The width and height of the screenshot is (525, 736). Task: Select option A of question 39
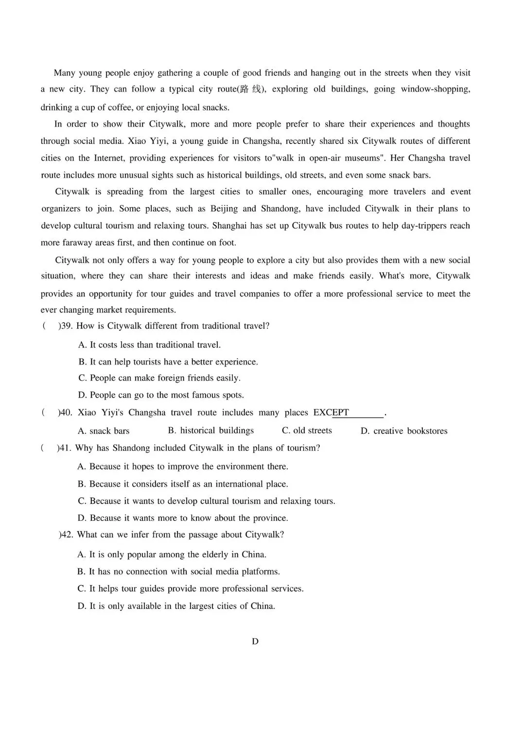coord(149,345)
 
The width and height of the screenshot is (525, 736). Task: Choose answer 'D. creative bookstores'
coord(404,431)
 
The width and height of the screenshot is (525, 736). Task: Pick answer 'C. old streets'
coord(307,430)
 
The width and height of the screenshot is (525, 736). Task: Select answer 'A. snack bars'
coord(104,431)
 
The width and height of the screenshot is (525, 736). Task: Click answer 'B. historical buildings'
coord(211,430)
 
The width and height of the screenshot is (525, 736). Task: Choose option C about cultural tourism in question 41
coord(206,501)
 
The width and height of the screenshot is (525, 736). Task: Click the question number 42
coord(67,534)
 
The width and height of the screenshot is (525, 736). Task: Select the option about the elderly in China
coord(172,554)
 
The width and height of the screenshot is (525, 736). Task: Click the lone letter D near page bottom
coord(255,641)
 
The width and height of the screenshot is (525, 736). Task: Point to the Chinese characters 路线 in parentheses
coord(250,89)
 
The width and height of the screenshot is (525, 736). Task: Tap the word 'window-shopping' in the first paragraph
coord(435,89)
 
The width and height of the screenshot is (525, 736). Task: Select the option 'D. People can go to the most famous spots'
coord(161,395)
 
